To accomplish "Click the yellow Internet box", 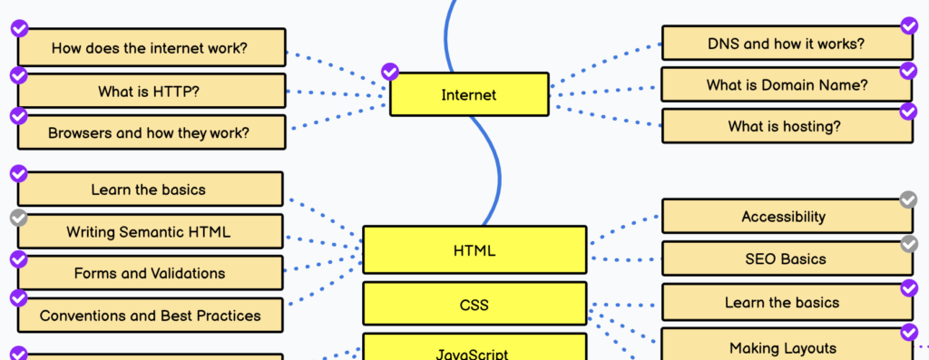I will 469,94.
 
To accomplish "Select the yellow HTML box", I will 474,250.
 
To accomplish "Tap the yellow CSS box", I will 474,304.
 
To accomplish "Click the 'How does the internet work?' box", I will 151,48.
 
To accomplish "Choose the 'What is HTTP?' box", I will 151,91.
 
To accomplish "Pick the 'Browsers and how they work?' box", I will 151,132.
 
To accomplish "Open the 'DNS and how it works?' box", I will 786,44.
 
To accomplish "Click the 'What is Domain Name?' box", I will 786,85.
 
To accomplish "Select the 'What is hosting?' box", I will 786,126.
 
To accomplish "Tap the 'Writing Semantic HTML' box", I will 151,231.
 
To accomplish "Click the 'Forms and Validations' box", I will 151,273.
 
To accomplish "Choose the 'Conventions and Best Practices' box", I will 151,316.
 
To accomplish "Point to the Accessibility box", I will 786,217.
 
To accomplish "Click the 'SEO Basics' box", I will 786,258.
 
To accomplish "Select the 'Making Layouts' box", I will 786,347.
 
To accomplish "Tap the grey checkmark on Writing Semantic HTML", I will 18,218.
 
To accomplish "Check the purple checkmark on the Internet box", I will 390,72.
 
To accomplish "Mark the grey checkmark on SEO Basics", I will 908,243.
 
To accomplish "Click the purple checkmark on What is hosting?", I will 908,112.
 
